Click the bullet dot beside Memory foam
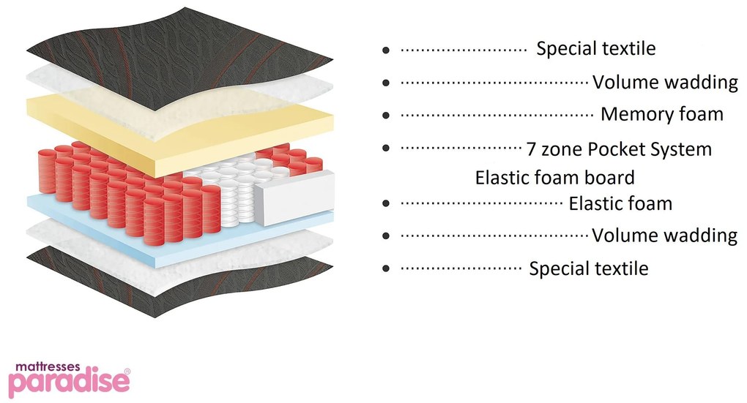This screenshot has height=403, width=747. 385,116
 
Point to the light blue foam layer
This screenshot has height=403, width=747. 88,208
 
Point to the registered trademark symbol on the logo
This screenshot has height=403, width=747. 127,372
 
